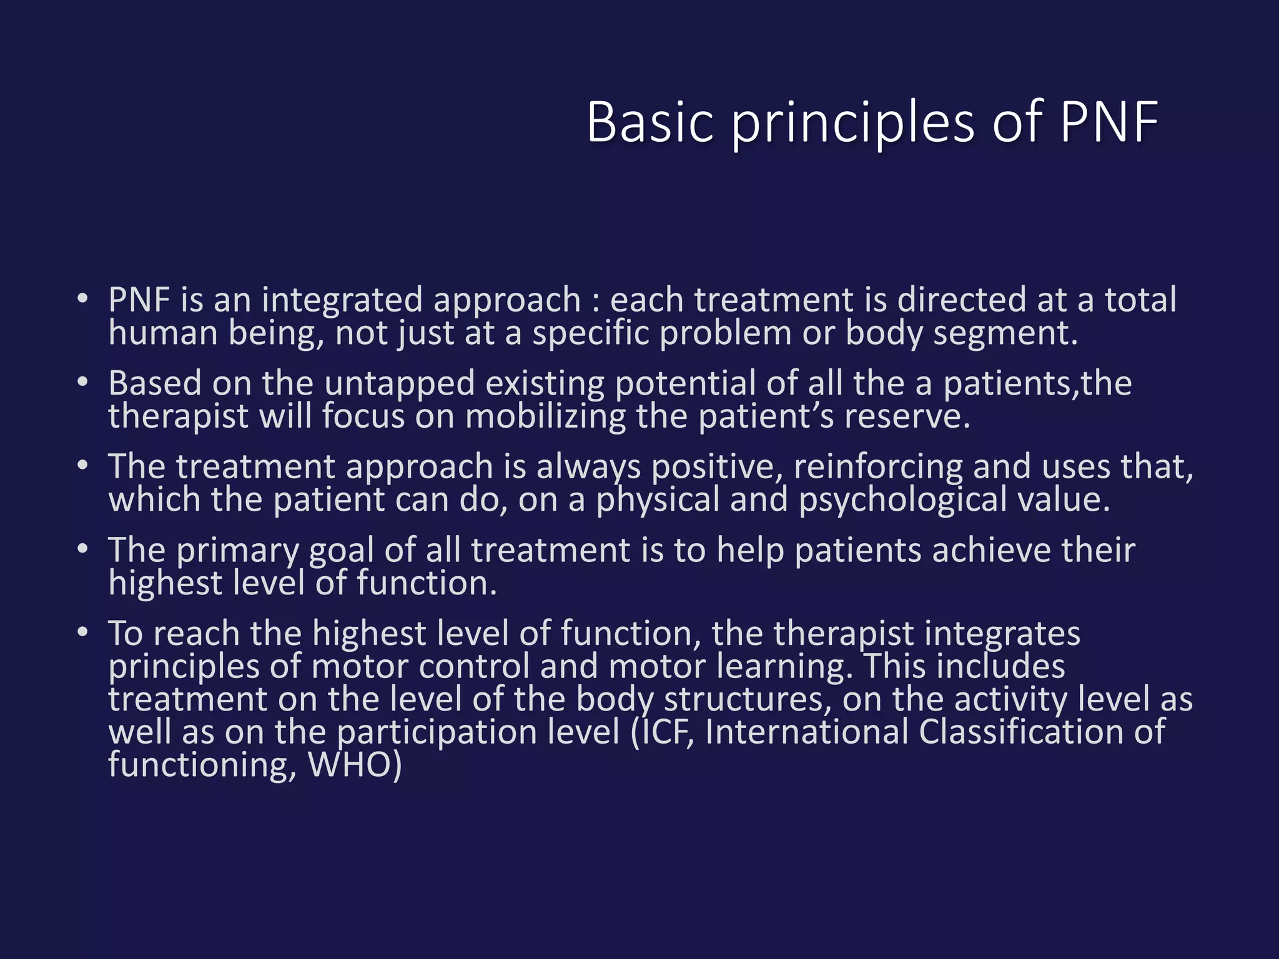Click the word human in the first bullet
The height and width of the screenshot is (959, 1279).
[x=163, y=333]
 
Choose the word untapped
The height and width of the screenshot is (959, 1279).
[x=400, y=384]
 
